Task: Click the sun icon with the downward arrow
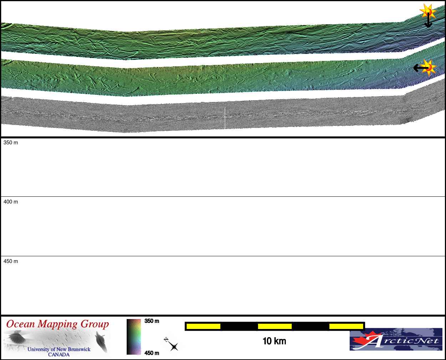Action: [428, 11]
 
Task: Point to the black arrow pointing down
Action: [428, 20]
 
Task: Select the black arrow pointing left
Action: [421, 68]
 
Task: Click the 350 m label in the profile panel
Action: [11, 143]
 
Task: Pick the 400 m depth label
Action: [11, 202]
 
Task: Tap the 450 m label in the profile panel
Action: [11, 261]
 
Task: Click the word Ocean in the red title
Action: [20, 324]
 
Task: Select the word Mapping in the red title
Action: [57, 324]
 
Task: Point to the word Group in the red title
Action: [95, 324]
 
